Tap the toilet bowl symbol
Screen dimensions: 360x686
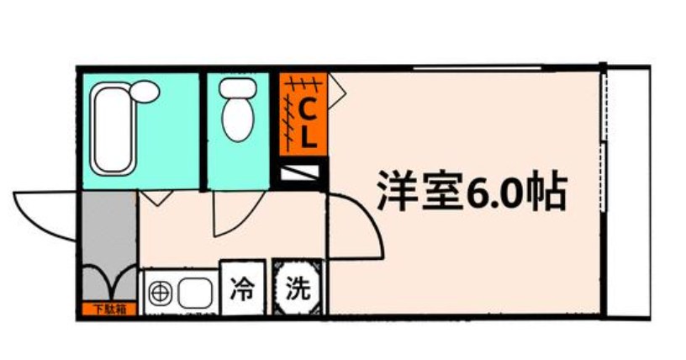click(235, 119)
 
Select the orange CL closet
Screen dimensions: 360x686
click(302, 115)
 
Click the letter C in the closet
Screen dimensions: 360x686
click(309, 109)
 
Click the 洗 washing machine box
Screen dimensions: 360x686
click(297, 289)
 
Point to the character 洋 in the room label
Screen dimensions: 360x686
click(396, 193)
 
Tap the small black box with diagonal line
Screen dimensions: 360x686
click(299, 173)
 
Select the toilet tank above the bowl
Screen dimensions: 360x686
click(236, 87)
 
